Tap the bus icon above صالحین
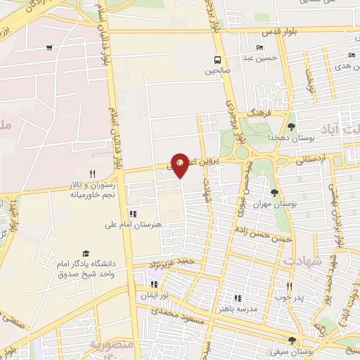point(217,59)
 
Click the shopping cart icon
point(49,48)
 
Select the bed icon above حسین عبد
point(259,47)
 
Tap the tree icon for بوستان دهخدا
point(291,127)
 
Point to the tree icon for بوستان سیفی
point(292,340)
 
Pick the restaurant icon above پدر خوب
point(289,286)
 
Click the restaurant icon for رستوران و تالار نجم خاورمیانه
point(91,173)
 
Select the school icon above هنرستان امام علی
point(132,214)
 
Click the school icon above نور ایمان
point(153,285)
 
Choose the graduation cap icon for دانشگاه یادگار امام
point(86,253)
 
